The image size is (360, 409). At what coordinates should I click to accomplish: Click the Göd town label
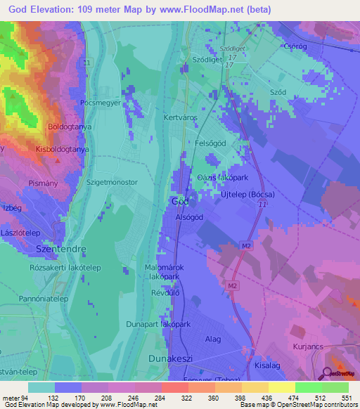click(179, 201)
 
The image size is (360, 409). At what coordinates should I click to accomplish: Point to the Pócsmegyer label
click(102, 102)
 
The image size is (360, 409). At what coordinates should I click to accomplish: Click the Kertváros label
click(179, 118)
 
